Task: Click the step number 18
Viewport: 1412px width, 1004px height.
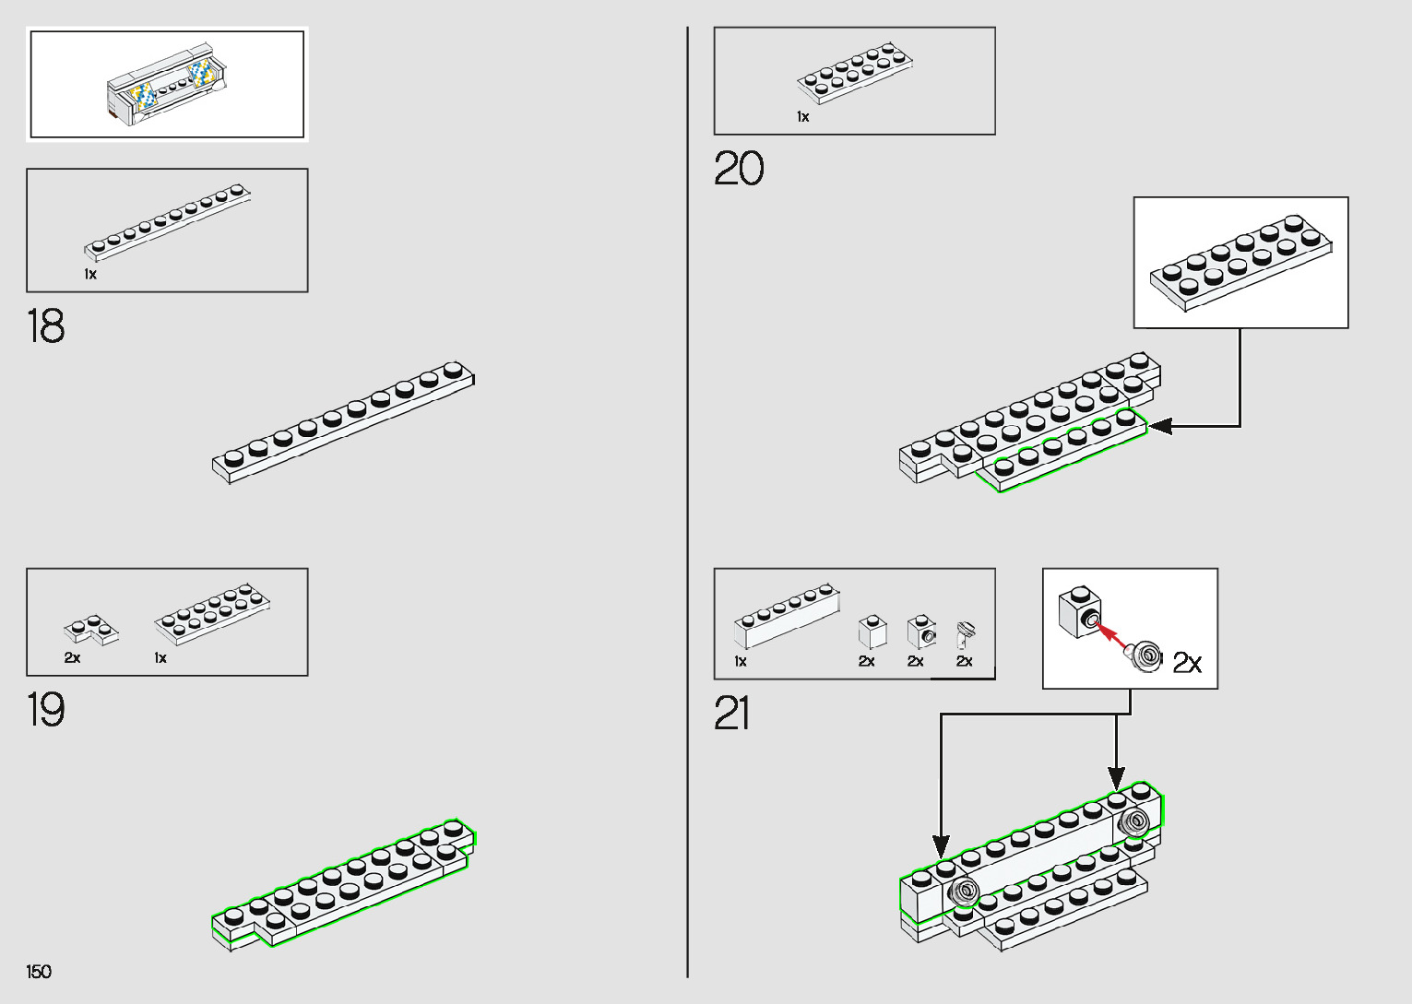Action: (x=46, y=327)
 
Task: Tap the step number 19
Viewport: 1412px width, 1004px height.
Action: (x=46, y=711)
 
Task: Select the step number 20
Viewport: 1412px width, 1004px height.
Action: (x=739, y=170)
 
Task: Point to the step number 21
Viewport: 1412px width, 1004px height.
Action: (x=732, y=715)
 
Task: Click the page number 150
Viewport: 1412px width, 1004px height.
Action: (x=39, y=972)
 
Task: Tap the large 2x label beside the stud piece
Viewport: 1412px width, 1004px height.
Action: (x=1187, y=663)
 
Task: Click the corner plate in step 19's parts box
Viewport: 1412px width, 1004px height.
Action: (x=90, y=631)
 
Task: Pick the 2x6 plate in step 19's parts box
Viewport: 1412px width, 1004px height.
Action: (x=213, y=612)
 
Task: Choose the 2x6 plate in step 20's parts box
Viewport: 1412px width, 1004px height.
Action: (x=855, y=71)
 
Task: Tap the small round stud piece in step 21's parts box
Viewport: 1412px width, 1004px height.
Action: (x=966, y=634)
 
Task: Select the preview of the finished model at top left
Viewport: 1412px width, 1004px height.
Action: (x=167, y=85)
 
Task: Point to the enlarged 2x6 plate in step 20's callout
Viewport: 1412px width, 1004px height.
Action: (x=1240, y=262)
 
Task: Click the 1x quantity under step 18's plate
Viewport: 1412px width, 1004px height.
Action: (x=90, y=275)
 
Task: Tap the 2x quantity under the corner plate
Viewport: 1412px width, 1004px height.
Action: (x=72, y=658)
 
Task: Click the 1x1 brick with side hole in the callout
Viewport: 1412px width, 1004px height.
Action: (x=1080, y=611)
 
